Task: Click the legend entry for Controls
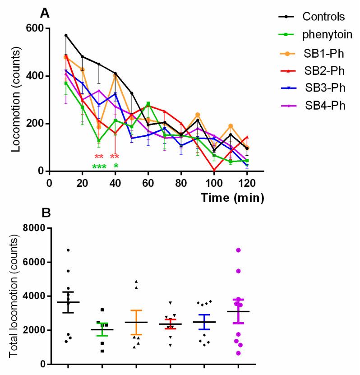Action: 323,17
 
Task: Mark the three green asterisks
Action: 99,167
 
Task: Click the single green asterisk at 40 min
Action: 116,167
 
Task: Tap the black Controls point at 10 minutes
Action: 66,35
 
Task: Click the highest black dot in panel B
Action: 68,250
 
